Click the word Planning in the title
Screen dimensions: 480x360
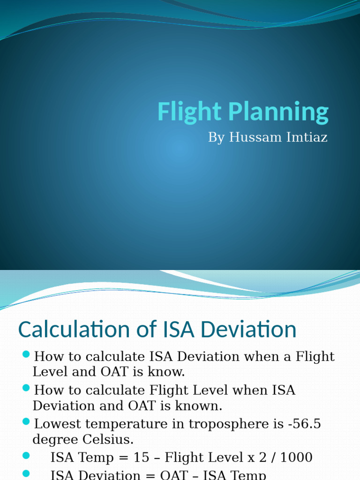point(278,112)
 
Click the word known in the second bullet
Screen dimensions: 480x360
point(199,406)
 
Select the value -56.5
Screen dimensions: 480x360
point(305,424)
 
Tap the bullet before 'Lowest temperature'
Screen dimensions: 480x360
point(26,422)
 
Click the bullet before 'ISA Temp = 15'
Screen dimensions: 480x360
point(26,456)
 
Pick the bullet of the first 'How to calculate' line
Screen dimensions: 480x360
point(26,354)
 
